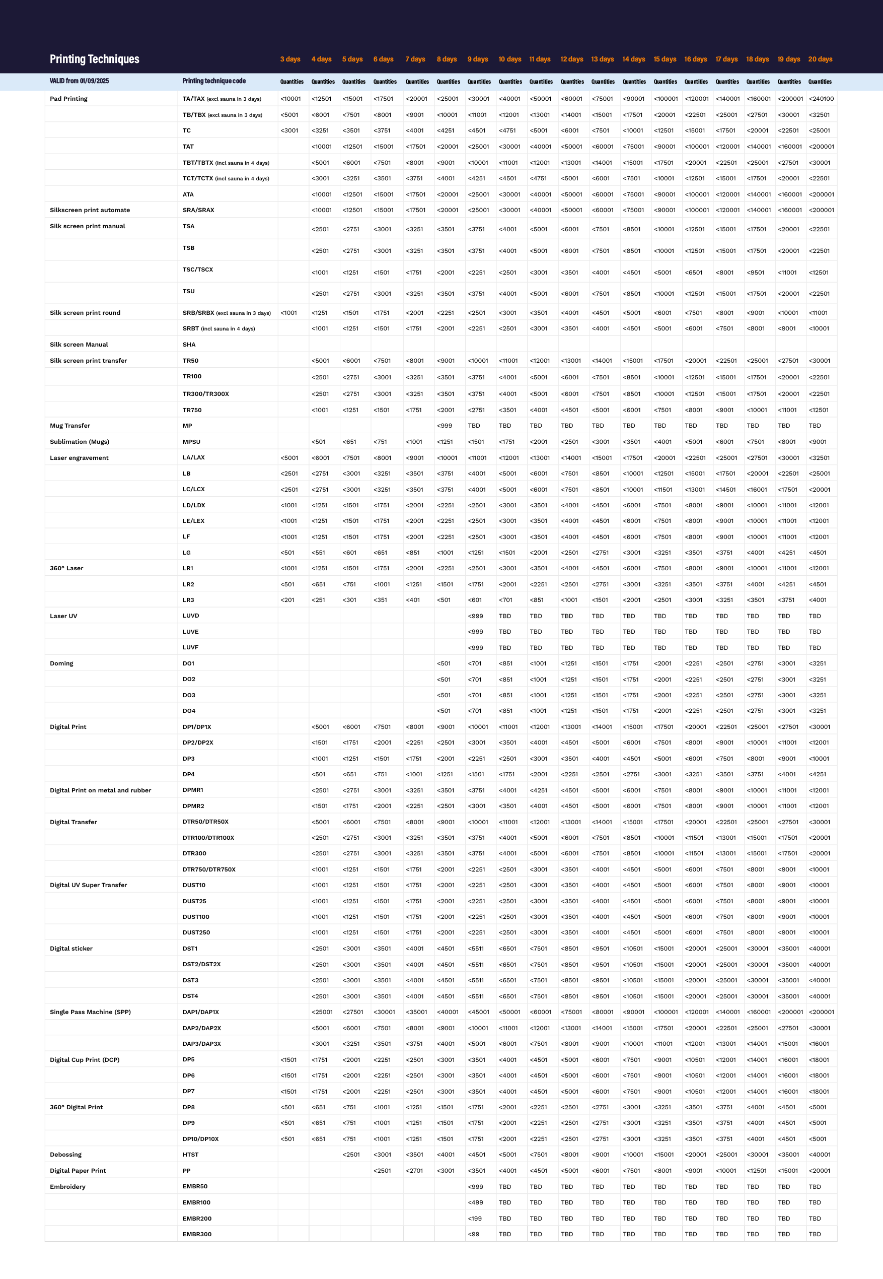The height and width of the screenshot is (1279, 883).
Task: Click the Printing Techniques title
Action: click(x=94, y=59)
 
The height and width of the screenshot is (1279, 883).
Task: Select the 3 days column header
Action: click(x=290, y=59)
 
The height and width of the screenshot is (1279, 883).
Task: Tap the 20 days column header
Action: click(x=820, y=59)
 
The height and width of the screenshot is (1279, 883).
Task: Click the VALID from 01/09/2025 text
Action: click(x=79, y=81)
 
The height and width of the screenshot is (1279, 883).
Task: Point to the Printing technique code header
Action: click(x=214, y=81)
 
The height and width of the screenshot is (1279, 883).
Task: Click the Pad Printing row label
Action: click(x=68, y=99)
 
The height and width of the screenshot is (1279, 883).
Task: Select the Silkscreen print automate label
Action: click(x=90, y=210)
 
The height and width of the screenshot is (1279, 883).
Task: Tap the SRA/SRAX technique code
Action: click(x=198, y=210)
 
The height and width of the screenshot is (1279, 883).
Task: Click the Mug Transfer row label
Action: click(x=69, y=426)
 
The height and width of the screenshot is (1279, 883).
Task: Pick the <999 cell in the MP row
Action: click(x=444, y=426)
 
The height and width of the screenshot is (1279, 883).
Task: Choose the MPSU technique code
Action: click(x=191, y=442)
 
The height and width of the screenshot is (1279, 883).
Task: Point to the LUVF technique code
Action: click(x=190, y=647)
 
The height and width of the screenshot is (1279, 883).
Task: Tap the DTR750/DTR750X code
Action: click(x=209, y=869)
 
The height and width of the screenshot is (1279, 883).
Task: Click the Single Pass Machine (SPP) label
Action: click(x=90, y=1012)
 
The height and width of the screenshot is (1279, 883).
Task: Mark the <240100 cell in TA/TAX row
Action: click(x=821, y=99)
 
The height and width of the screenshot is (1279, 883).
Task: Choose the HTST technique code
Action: click(x=190, y=1155)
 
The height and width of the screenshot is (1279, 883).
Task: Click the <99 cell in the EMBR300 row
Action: click(x=474, y=1234)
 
